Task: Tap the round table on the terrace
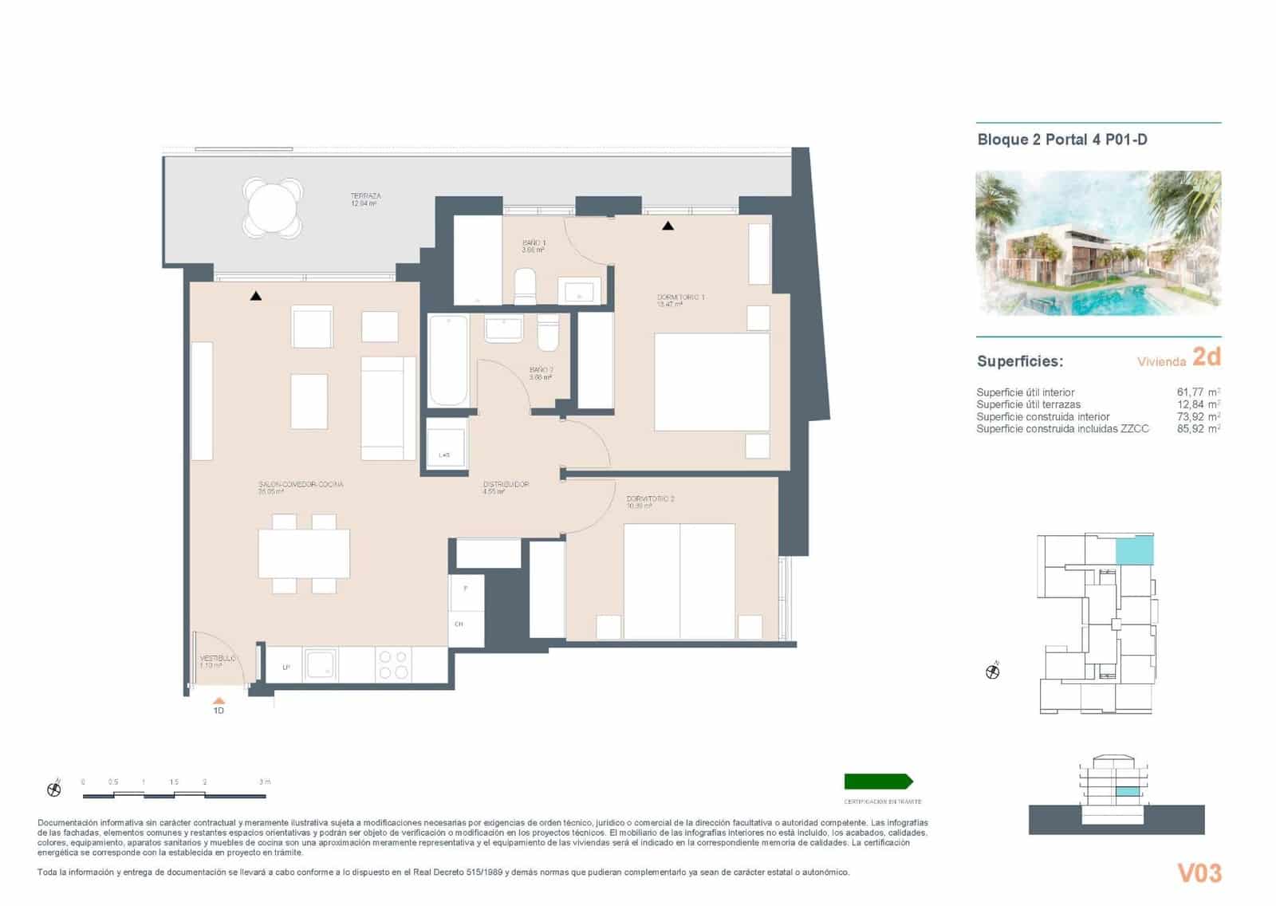(272, 207)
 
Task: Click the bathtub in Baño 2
(448, 360)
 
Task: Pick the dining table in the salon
(304, 553)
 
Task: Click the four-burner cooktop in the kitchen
(393, 664)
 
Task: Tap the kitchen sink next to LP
(321, 664)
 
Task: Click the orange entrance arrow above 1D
(219, 701)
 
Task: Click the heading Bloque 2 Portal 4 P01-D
(1061, 140)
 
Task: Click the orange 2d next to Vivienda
(1206, 356)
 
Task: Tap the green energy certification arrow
(878, 782)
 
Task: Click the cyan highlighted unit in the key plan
(1134, 550)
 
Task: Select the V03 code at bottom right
(1199, 873)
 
